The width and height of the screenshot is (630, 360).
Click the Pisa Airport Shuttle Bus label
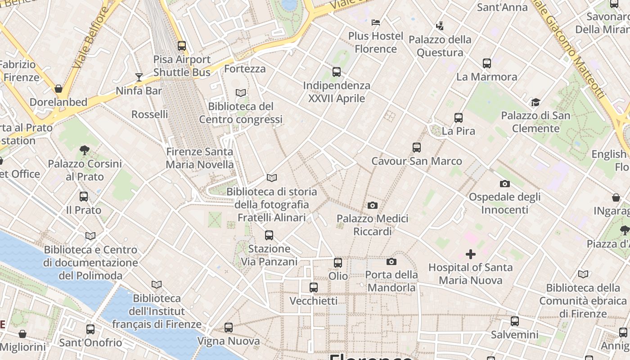182,66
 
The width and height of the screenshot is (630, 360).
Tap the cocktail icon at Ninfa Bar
139,77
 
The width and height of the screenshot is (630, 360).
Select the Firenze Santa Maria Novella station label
200,158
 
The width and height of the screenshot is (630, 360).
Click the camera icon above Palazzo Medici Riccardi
372,206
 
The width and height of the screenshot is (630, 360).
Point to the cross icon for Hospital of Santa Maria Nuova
470,254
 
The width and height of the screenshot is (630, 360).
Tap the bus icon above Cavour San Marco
417,148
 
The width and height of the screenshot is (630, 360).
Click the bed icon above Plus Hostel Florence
376,22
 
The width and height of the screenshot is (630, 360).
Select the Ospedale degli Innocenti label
504,203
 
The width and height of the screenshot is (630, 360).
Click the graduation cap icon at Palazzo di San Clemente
535,103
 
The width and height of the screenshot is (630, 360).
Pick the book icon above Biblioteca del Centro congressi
241,93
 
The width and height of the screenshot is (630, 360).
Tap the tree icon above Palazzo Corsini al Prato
85,150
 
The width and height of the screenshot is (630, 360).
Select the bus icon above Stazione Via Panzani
269,235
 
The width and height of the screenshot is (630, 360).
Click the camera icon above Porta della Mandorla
391,261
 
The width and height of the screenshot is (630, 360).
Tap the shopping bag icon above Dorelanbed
58,89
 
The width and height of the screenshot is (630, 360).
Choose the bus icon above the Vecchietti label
314,287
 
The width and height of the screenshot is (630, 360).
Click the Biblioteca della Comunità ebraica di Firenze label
583,301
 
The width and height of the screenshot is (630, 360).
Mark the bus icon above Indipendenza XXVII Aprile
336,72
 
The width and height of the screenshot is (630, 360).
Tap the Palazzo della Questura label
440,46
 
